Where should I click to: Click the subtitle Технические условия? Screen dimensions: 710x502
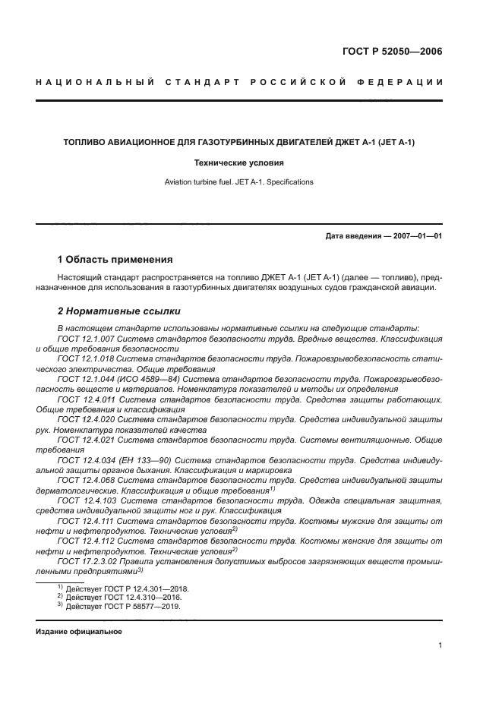click(x=238, y=163)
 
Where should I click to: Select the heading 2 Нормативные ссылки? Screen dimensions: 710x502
click(x=119, y=311)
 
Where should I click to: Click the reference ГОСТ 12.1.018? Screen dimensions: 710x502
click(x=85, y=358)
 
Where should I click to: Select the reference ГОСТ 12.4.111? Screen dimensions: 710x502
click(x=85, y=521)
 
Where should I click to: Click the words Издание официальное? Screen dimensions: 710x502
click(x=79, y=632)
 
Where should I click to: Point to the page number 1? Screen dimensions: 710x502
click(x=440, y=645)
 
